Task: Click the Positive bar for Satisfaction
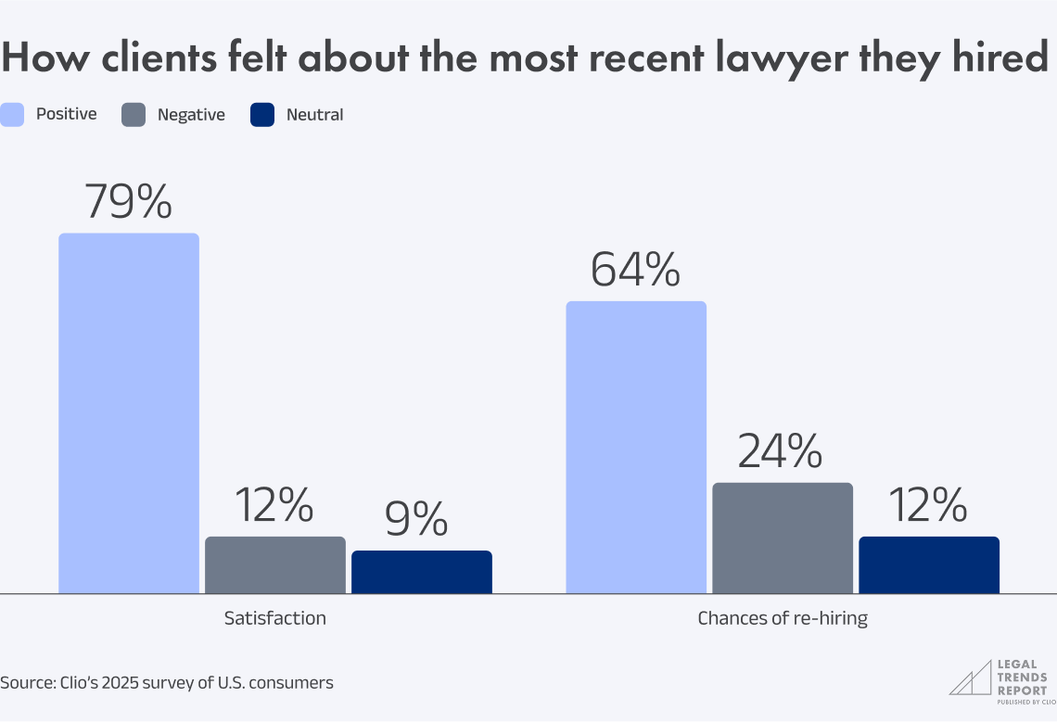[129, 412]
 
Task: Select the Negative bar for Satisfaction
[274, 564]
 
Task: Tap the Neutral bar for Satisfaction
[421, 571]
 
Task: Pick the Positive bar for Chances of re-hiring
[636, 447]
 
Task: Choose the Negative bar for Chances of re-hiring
[782, 538]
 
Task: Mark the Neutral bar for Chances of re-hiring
[928, 564]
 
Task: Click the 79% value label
[128, 201]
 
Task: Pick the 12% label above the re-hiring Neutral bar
[927, 505]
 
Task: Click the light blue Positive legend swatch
[12, 115]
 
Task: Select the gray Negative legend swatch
[134, 115]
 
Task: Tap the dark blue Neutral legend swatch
[262, 115]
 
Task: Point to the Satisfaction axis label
[274, 618]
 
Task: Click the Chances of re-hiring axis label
[782, 618]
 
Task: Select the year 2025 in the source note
[98, 683]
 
